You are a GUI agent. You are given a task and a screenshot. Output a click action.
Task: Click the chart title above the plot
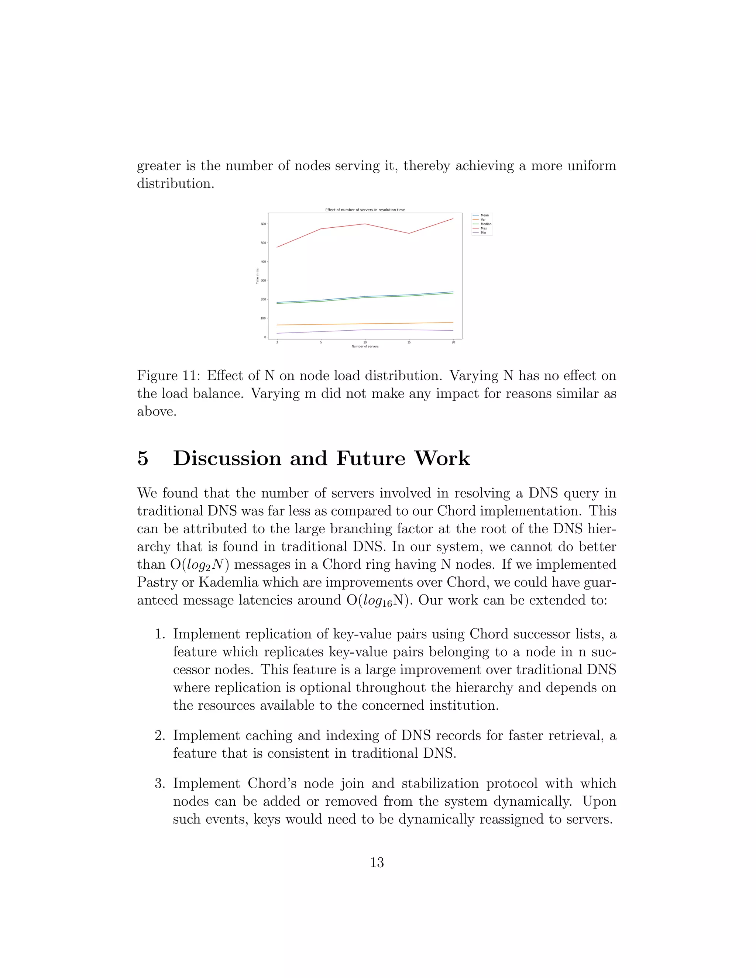(x=365, y=210)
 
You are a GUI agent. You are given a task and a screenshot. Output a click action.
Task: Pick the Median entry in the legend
(x=485, y=224)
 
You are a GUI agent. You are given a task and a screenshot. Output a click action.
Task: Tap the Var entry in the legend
(x=483, y=220)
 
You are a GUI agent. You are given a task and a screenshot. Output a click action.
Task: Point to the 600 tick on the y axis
(x=263, y=224)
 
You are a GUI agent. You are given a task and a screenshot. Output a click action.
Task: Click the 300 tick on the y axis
(x=263, y=280)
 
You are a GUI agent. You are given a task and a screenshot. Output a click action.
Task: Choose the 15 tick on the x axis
(x=409, y=342)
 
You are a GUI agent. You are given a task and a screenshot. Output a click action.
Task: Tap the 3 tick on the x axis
(x=277, y=342)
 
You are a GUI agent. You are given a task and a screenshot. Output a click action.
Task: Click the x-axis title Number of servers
(x=365, y=347)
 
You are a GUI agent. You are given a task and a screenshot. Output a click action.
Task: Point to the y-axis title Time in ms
(x=258, y=276)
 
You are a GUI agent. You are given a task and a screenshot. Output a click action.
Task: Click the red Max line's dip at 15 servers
(x=409, y=233)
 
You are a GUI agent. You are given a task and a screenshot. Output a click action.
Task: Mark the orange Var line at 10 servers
(x=365, y=324)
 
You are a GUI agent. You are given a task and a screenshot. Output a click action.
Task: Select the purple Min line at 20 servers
(x=453, y=330)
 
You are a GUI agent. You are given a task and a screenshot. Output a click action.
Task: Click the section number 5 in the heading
(x=142, y=458)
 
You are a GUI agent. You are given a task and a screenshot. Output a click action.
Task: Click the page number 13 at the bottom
(x=377, y=862)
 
